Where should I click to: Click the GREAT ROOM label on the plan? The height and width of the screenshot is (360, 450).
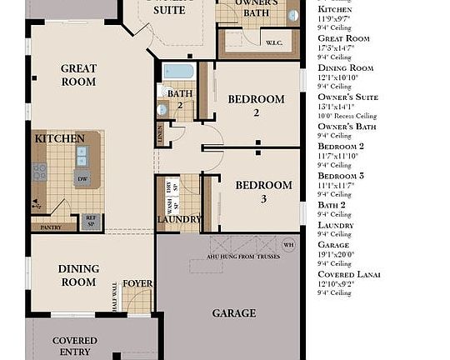pyautogui.click(x=78, y=76)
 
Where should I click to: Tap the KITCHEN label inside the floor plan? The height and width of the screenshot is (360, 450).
pyautogui.click(x=59, y=137)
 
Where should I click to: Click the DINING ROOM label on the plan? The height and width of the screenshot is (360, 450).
pyautogui.click(x=78, y=275)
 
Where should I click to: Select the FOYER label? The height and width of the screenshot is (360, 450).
pyautogui.click(x=137, y=283)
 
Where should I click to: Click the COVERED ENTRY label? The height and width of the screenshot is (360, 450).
pyautogui.click(x=75, y=346)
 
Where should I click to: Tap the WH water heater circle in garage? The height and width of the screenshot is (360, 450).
pyautogui.click(x=289, y=245)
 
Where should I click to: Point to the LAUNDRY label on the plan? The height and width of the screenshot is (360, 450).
pyautogui.click(x=179, y=219)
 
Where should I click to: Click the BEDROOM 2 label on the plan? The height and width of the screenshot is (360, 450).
pyautogui.click(x=256, y=105)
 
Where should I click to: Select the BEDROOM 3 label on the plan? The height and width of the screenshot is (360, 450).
pyautogui.click(x=263, y=192)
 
